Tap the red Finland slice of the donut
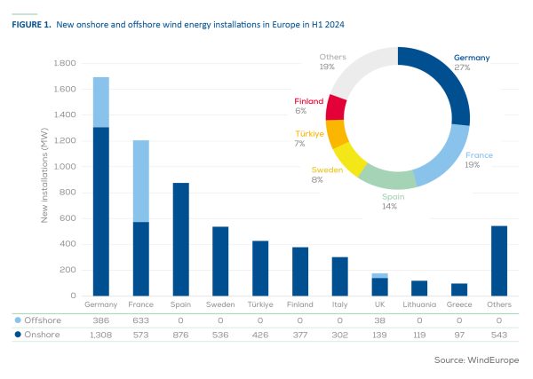pyautogui.click(x=336, y=107)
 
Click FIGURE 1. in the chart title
pyautogui.click(x=31, y=25)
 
